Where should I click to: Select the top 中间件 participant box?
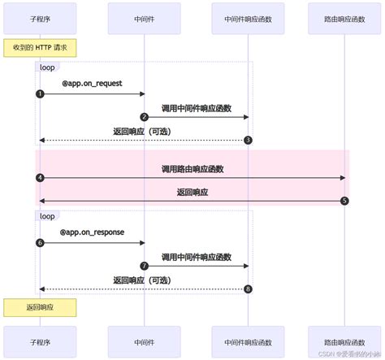(x=144, y=17)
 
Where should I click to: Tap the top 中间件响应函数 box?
(x=248, y=17)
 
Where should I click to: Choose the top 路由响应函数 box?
(x=344, y=17)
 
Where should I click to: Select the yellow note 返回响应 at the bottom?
(x=40, y=307)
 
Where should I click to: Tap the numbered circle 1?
(x=40, y=94)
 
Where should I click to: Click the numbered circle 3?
(x=248, y=141)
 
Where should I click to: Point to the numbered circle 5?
(x=344, y=201)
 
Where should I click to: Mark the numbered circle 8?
(x=248, y=289)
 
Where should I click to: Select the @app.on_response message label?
(x=92, y=232)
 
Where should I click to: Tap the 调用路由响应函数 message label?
(x=192, y=169)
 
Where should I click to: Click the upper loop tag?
(x=47, y=67)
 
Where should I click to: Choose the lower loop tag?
(x=47, y=216)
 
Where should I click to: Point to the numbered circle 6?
(x=40, y=243)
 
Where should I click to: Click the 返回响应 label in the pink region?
(x=192, y=193)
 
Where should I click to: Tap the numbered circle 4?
(x=40, y=177)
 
